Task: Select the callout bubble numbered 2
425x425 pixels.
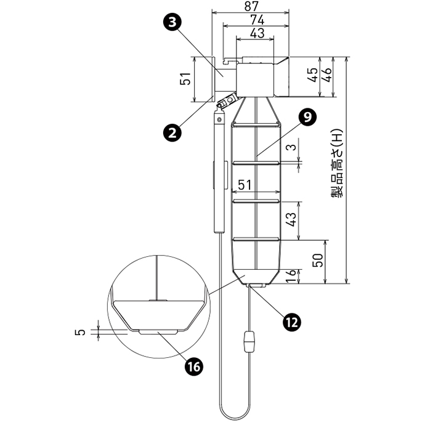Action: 174,131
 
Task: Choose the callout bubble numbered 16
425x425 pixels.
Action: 194,366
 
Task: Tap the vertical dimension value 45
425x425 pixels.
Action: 313,75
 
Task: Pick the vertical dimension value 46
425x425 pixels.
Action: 328,75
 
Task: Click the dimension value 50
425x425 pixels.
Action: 318,260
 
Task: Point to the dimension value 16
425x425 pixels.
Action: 293,277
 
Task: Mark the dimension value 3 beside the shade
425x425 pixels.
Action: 293,147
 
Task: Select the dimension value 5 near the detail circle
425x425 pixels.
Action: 79,332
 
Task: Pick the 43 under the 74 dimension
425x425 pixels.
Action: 257,33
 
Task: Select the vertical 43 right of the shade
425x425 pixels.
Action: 293,219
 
